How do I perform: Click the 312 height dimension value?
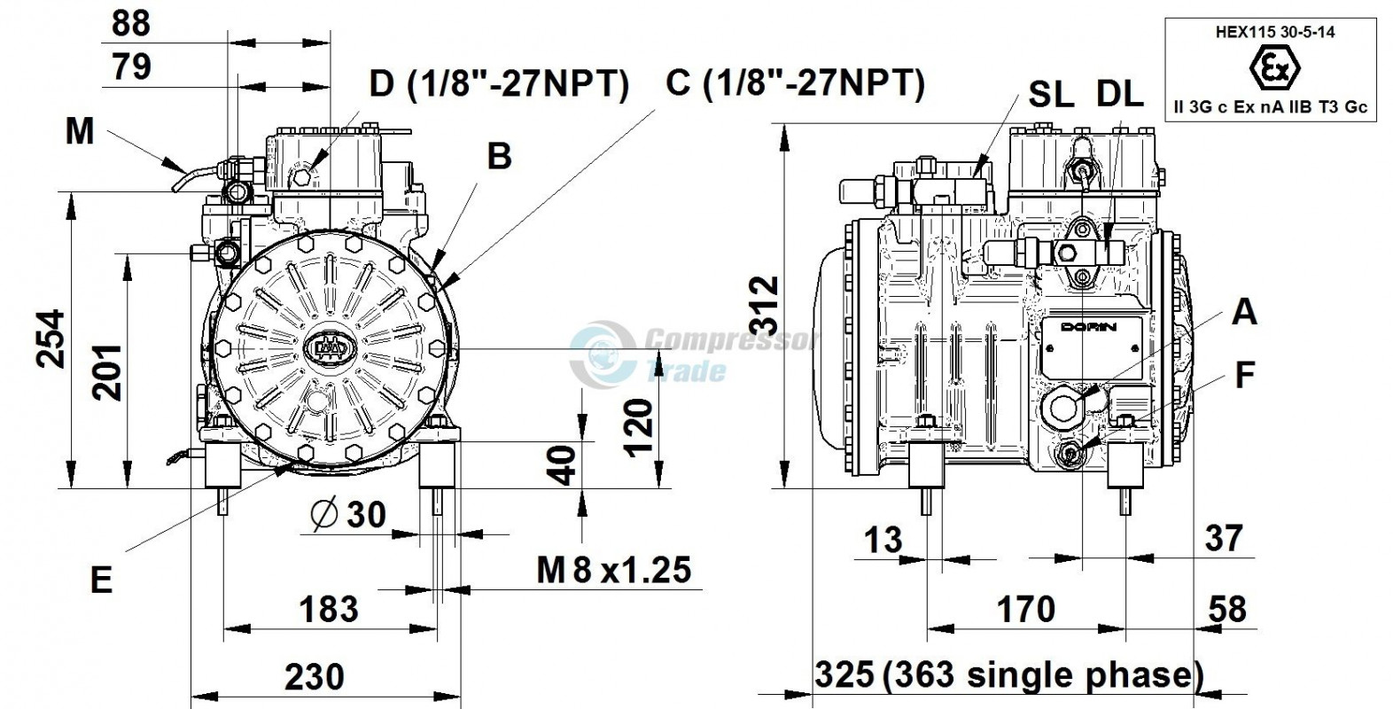point(764,306)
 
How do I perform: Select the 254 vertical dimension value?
point(51,339)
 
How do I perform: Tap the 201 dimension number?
point(107,372)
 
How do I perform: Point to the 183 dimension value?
point(329,609)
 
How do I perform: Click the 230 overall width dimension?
point(315,677)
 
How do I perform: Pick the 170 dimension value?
point(1026,609)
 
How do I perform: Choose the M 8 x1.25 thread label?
point(614,570)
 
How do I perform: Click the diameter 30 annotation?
point(349,514)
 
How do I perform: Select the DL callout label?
point(1120,95)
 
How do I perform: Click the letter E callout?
point(101,580)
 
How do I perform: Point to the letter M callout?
point(80,132)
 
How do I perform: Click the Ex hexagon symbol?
point(1275,67)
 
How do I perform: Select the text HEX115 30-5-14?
point(1275,32)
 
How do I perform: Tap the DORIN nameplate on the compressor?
point(1092,347)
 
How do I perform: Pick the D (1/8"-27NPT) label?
point(500,83)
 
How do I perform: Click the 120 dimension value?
point(639,429)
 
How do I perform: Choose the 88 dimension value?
point(131,24)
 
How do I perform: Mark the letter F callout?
point(1244,375)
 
